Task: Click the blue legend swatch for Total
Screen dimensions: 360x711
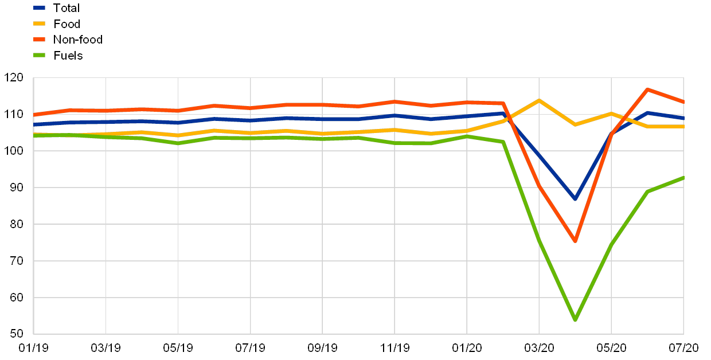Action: point(40,8)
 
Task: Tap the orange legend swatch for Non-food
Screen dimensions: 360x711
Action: point(40,40)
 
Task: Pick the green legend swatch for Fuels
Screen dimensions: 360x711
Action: point(40,56)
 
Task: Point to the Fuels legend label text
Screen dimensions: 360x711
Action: point(72,56)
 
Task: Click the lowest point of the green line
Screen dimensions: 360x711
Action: point(575,319)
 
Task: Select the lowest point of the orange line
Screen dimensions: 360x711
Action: point(575,241)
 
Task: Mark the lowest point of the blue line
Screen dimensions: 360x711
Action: point(575,198)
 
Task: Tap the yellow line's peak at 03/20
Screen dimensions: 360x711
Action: point(539,100)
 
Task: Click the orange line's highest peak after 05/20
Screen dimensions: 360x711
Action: point(647,89)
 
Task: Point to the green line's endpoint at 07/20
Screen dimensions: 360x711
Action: point(683,178)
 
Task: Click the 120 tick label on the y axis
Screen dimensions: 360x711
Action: point(14,77)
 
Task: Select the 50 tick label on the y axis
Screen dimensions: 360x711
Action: point(14,334)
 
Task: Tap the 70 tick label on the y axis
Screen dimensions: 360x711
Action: point(14,261)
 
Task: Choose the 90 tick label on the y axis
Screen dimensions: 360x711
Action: point(14,187)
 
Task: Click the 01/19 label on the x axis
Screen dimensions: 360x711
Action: point(33,347)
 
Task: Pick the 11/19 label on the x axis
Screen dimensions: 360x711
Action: point(394,347)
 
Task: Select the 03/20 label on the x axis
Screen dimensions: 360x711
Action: point(539,347)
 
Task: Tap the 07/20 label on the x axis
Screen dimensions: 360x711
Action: point(683,347)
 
